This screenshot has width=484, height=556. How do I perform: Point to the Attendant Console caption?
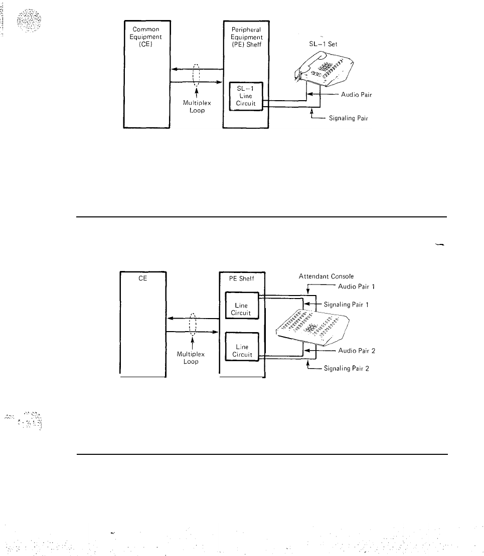point(327,276)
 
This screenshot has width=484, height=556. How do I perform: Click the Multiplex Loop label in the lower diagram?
point(191,358)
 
